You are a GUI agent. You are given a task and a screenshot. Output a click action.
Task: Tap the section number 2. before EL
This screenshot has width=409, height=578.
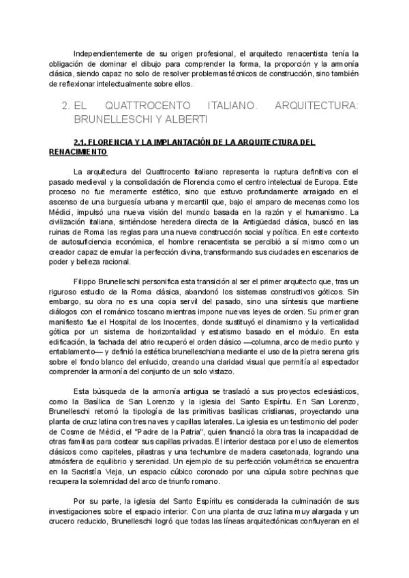pos(66,107)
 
